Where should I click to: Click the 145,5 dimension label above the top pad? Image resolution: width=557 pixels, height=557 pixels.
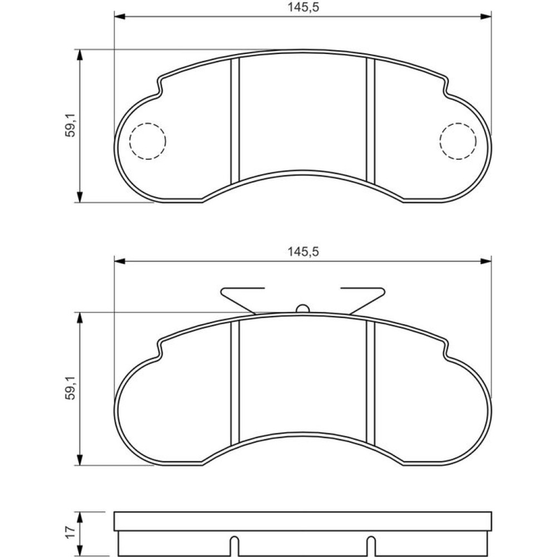(x=304, y=7)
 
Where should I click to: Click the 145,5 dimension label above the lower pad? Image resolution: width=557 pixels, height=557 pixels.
(x=304, y=252)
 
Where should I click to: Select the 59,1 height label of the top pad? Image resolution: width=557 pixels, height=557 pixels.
(x=70, y=125)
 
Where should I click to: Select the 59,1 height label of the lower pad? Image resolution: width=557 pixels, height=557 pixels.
(x=70, y=388)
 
